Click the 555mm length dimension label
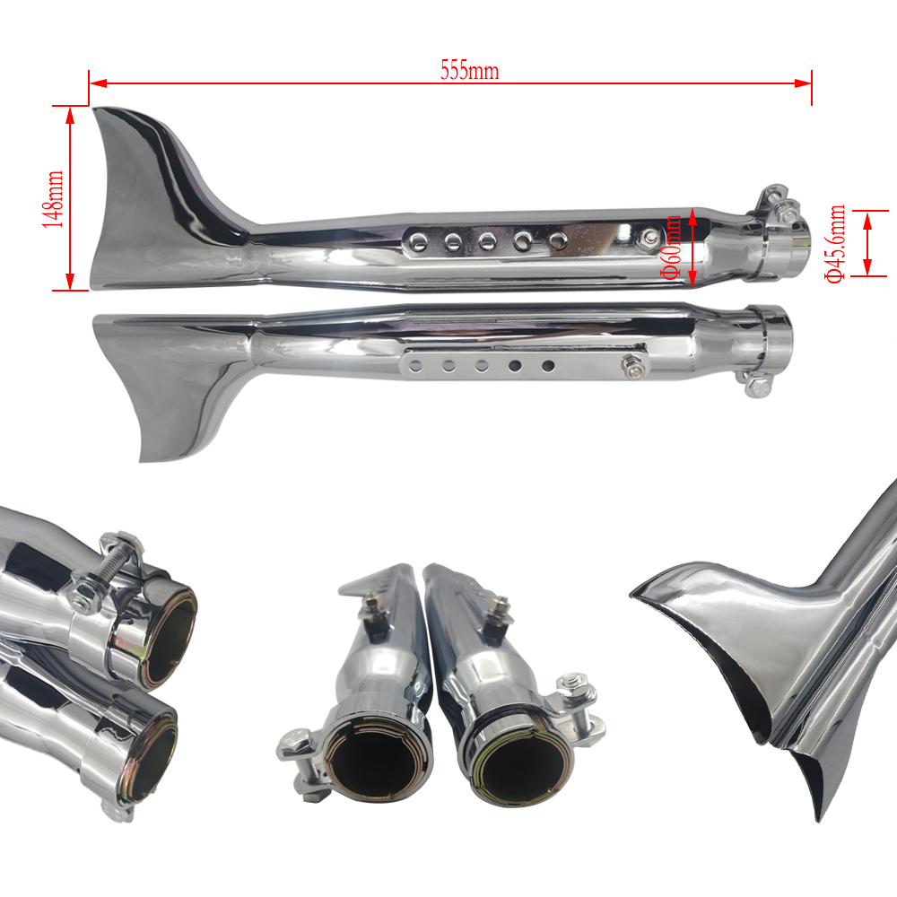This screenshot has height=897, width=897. click(x=469, y=71)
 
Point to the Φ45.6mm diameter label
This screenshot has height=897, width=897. click(x=836, y=243)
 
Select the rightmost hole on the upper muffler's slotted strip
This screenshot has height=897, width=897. click(x=558, y=239)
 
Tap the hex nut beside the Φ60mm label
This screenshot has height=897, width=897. click(x=649, y=238)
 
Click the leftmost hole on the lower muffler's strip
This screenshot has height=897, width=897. click(x=415, y=365)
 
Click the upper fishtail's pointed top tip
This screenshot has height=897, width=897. click(x=96, y=111)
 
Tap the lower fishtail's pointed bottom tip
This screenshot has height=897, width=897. click(x=143, y=460)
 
